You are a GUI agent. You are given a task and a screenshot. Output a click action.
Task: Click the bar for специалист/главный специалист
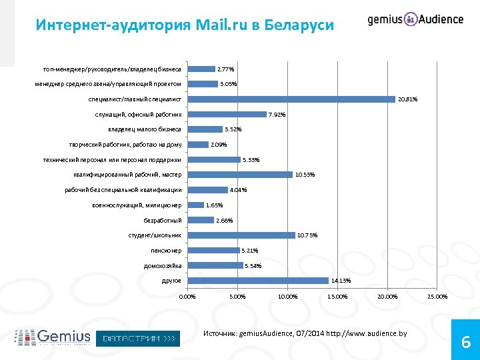coord(292,99)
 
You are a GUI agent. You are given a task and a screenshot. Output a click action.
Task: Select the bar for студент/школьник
coord(242,235)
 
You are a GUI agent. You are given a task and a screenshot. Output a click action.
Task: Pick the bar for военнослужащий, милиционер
coord(197,205)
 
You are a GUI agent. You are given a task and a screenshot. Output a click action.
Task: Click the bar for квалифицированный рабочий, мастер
coord(241,175)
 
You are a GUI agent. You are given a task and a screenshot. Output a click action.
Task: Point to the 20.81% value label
coord(407,99)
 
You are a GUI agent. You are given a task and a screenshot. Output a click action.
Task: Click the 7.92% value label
coord(277,115)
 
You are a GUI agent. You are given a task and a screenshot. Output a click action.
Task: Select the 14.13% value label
coord(341,281)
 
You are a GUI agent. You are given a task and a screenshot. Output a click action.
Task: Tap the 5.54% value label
coord(253,266)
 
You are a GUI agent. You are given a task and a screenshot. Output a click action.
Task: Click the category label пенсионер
coord(166,251)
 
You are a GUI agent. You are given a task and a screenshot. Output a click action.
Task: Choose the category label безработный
coord(163,221)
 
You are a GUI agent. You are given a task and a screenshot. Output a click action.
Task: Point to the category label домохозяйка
coord(163,266)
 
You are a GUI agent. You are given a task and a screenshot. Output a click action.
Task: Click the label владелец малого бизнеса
coord(145,129)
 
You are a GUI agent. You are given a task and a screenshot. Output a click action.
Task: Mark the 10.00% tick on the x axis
coord(287,297)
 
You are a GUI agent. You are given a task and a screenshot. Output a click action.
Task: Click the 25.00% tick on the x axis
coord(437,297)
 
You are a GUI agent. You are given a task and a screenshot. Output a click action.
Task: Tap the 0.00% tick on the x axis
coord(188,297)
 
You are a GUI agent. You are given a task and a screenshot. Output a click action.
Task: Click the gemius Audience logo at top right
coord(415,19)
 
